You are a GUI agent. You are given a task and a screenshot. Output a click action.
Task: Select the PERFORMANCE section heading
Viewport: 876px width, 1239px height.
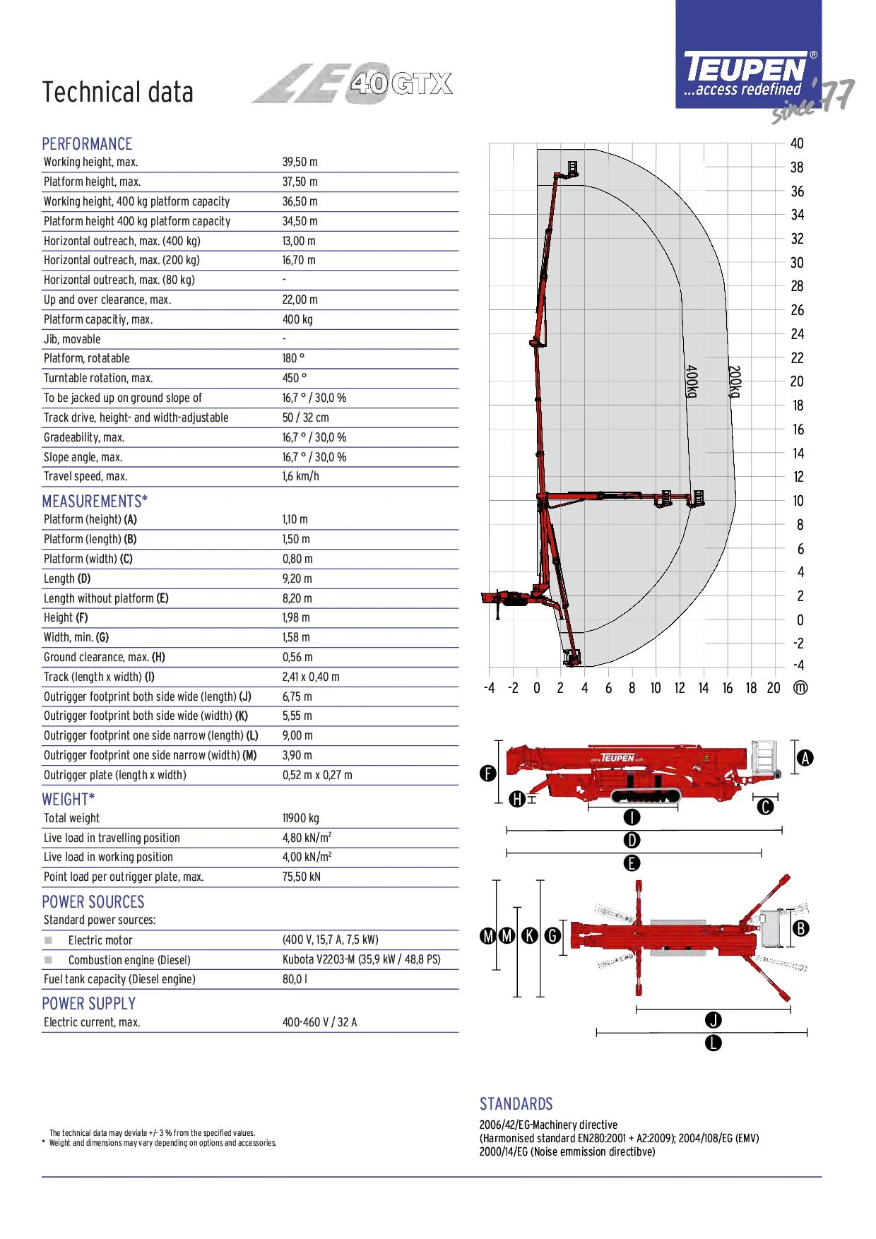click(x=87, y=144)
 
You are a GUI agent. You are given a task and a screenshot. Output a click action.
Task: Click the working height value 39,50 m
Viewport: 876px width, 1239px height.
click(x=300, y=162)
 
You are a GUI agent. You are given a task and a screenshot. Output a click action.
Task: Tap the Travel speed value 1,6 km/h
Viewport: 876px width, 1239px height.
click(x=301, y=477)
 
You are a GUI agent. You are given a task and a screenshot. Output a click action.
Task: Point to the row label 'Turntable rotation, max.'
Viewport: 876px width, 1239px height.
click(x=98, y=379)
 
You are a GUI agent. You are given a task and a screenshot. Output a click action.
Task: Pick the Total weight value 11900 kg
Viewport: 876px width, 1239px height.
click(x=301, y=819)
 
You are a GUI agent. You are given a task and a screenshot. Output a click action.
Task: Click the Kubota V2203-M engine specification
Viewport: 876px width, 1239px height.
click(x=362, y=960)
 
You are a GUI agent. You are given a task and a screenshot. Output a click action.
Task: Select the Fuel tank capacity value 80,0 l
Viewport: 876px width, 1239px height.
click(x=295, y=980)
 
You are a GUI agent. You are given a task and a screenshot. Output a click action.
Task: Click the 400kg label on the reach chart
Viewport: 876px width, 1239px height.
click(x=692, y=381)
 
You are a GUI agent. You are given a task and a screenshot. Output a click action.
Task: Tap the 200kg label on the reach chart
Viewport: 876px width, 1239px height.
click(x=735, y=381)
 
